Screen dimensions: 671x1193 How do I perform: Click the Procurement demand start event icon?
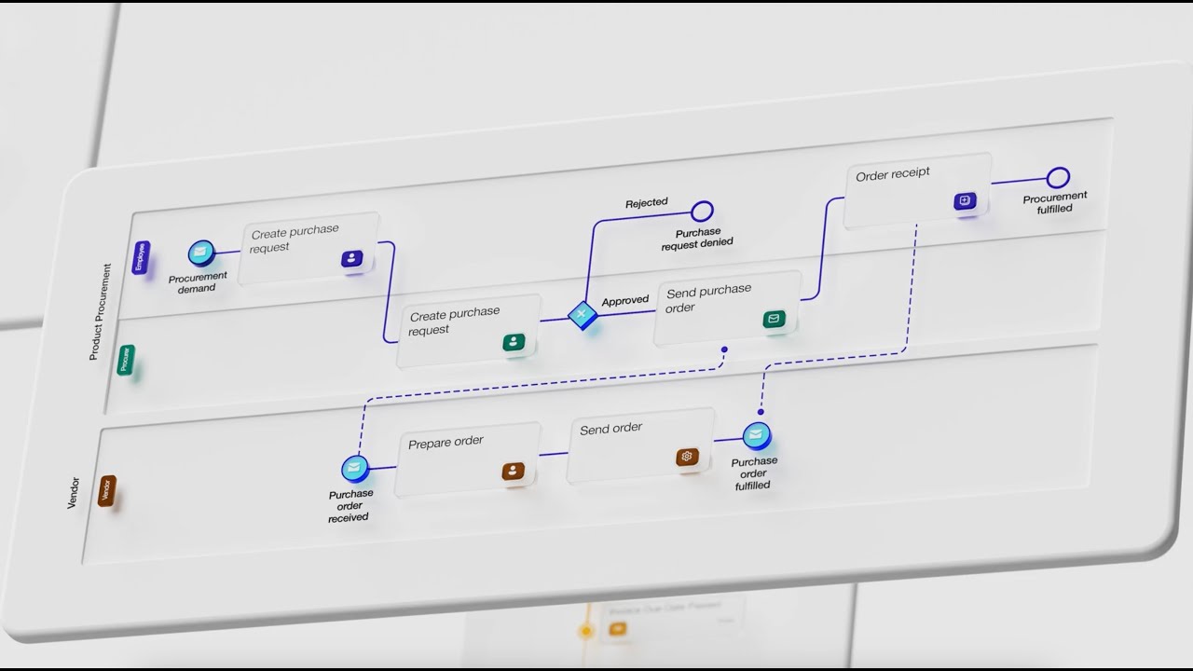[x=201, y=253]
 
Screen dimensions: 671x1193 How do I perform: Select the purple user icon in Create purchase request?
[x=352, y=259]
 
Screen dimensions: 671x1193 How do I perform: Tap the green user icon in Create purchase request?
[x=514, y=342]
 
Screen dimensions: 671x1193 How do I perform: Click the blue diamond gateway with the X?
[x=583, y=315]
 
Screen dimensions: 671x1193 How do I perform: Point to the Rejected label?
[x=647, y=202]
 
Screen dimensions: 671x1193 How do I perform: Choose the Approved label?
[x=625, y=301]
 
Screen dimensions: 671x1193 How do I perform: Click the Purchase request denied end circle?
[x=703, y=211]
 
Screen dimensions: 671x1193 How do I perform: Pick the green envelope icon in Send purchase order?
[x=774, y=320]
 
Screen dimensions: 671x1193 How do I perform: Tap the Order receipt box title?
[x=893, y=173]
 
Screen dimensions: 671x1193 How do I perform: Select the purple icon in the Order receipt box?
[x=965, y=200]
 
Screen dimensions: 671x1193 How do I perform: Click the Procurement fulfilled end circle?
[x=1058, y=177]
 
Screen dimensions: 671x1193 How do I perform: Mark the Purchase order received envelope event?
[x=354, y=468]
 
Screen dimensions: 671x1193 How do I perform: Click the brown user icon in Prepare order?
[x=514, y=471]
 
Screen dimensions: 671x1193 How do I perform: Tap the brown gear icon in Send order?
[x=687, y=457]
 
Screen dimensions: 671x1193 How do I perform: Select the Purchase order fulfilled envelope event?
[x=757, y=435]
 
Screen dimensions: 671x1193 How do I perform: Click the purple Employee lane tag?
[x=142, y=257]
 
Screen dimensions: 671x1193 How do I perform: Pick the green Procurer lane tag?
[x=126, y=360]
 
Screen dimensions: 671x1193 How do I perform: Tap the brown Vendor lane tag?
[x=107, y=491]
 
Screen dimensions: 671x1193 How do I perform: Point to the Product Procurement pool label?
[x=100, y=311]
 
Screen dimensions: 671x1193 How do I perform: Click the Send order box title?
[x=611, y=429]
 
